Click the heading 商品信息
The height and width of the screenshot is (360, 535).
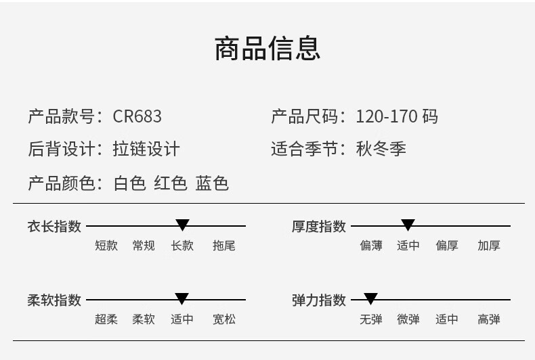(x=267, y=49)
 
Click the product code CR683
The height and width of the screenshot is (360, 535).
(x=137, y=116)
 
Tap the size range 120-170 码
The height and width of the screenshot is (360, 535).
(x=397, y=116)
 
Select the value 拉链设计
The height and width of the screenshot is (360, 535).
(x=146, y=149)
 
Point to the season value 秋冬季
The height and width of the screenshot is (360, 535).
(x=381, y=149)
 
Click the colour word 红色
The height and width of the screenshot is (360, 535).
(x=171, y=183)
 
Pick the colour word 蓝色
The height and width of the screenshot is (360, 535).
(x=212, y=183)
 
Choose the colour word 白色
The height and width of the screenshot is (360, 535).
(x=129, y=183)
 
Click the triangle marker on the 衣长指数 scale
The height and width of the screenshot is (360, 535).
(x=183, y=225)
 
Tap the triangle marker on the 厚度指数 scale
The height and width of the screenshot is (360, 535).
(x=408, y=225)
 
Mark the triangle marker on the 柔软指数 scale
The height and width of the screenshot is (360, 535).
(x=182, y=298)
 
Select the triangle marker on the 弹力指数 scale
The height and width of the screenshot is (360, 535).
(x=370, y=298)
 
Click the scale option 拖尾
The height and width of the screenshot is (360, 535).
(x=224, y=246)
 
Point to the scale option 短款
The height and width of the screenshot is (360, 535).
(x=106, y=246)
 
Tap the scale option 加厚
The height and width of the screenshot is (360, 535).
(x=488, y=246)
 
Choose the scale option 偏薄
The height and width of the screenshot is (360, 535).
(x=371, y=246)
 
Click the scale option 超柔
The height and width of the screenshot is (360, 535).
(x=106, y=319)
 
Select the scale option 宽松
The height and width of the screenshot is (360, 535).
(x=224, y=319)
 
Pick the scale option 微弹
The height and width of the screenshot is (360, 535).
(x=408, y=319)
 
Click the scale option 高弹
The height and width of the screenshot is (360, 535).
(x=488, y=319)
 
